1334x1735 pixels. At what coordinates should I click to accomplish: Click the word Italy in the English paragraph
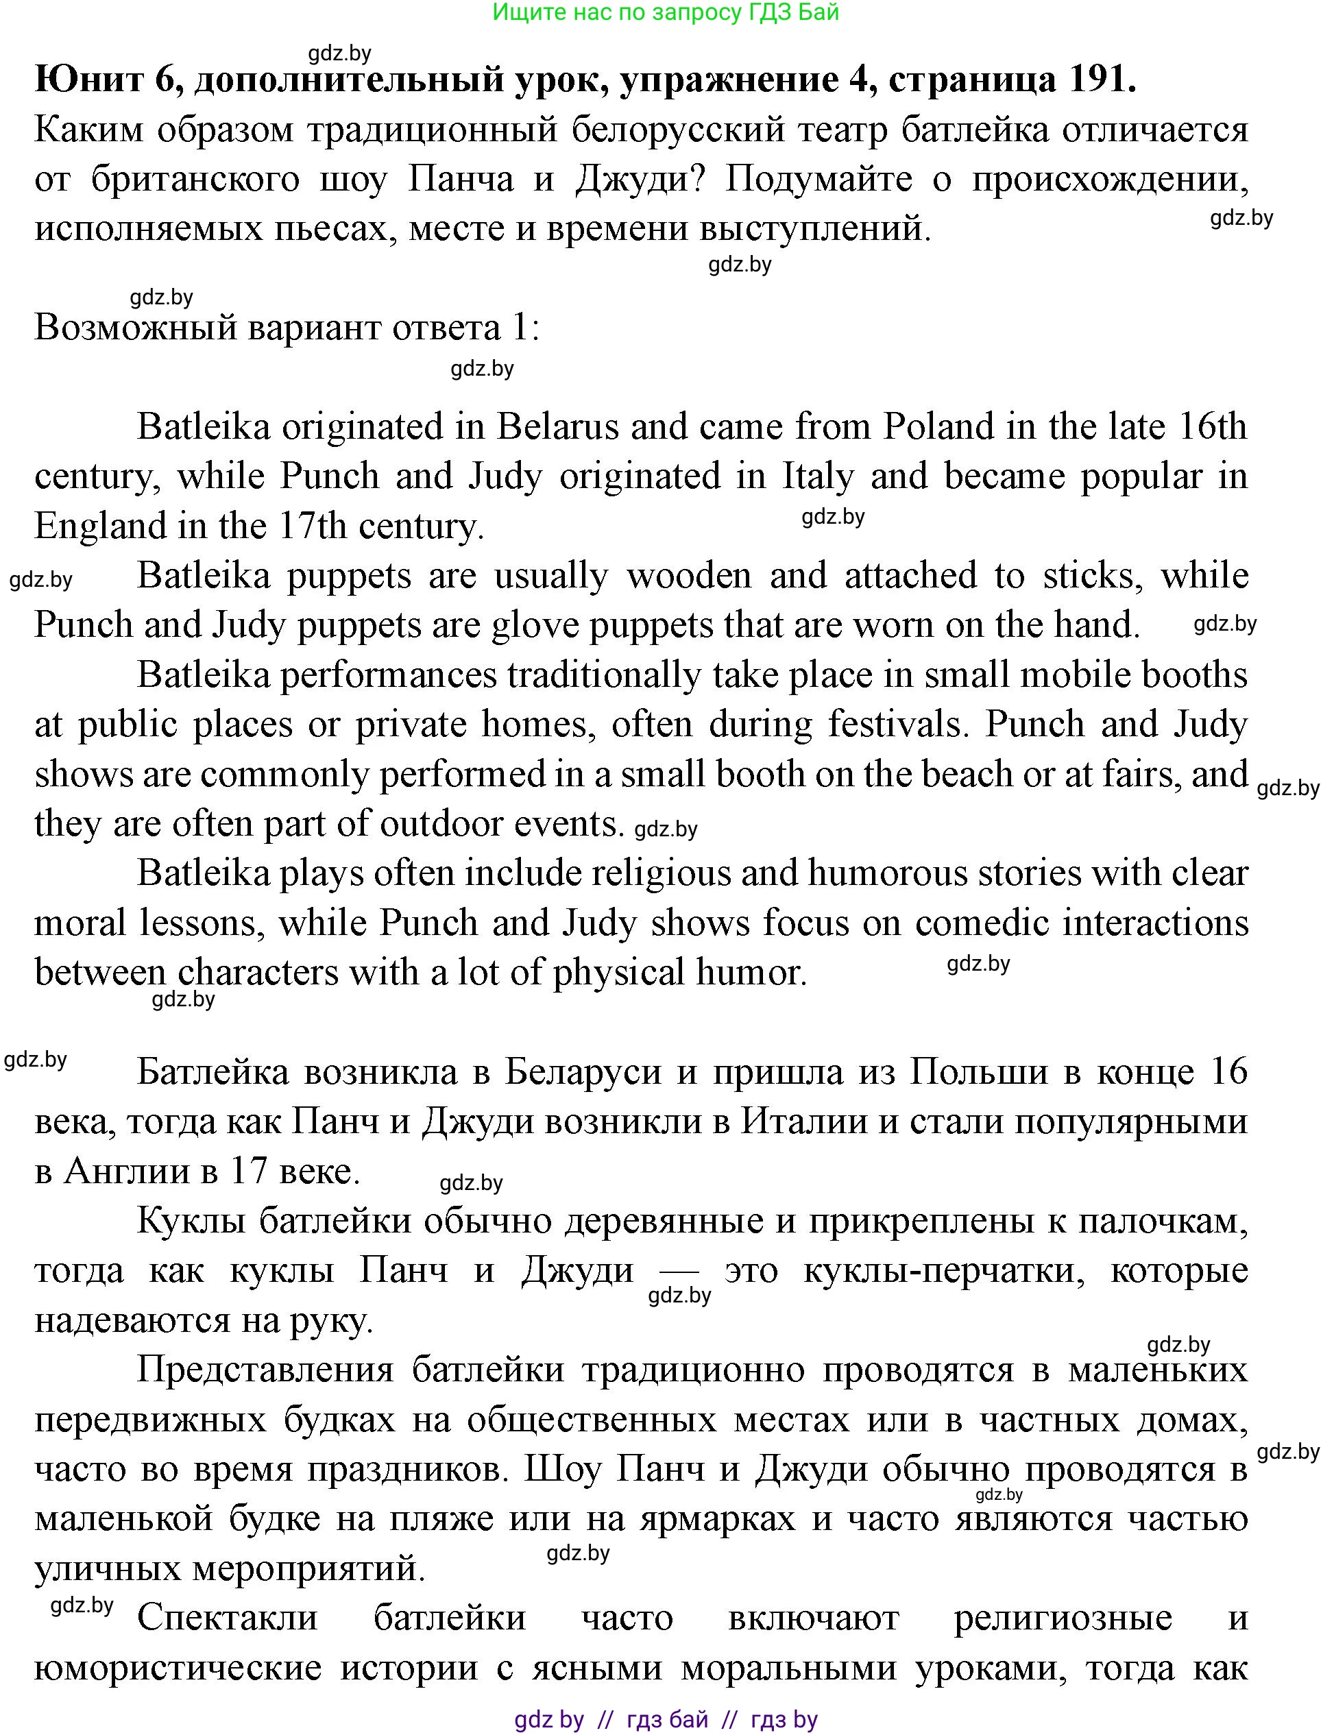coord(818,476)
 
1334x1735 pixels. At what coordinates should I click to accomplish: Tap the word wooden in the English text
coord(688,576)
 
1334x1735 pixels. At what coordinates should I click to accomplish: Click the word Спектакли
coord(227,1618)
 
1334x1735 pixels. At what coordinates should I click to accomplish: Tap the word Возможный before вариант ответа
coord(136,327)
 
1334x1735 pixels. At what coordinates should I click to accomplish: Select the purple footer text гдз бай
coord(667,1720)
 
